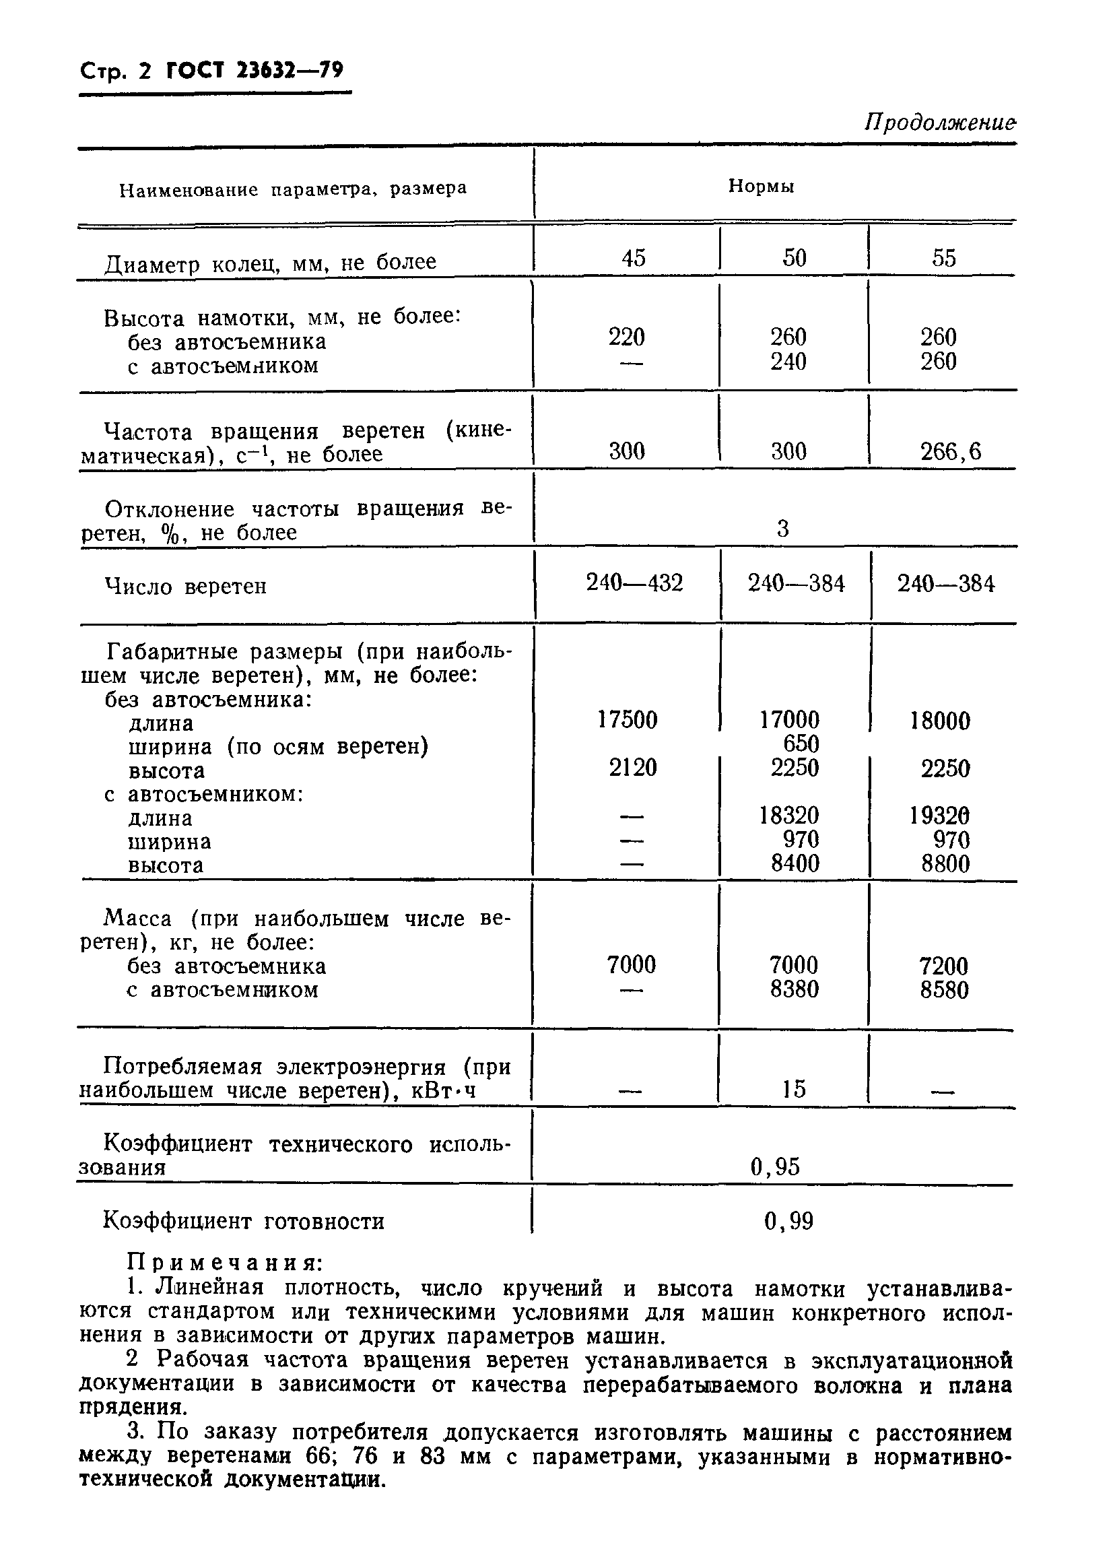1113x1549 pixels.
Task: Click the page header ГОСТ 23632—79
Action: pos(255,71)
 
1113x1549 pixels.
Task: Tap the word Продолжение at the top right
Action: pos(939,123)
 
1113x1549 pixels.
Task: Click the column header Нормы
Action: pos(761,187)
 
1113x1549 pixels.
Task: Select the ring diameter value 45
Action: pos(633,258)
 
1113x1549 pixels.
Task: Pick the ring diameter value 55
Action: pos(944,258)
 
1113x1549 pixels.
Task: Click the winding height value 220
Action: pos(626,337)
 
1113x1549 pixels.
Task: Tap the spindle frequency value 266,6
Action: pos(951,451)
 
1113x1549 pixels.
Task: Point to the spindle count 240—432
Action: pos(634,583)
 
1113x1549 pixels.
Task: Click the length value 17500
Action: pos(627,720)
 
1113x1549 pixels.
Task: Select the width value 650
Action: pos(801,744)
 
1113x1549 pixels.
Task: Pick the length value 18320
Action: pos(788,816)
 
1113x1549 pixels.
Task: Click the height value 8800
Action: pos(945,865)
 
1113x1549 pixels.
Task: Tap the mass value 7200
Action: pos(944,966)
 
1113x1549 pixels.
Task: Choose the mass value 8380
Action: pos(793,989)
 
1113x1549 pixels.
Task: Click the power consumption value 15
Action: pos(793,1088)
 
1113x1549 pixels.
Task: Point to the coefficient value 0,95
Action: pos(774,1166)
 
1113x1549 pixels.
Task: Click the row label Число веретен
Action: pos(185,586)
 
